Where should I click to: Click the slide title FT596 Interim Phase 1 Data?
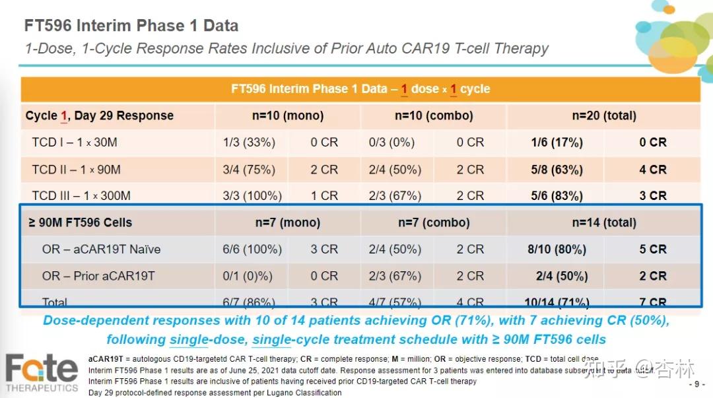coord(131,26)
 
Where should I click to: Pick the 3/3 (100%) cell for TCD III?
coord(252,196)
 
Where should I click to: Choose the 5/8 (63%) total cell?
coord(557,170)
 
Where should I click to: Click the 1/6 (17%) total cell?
coord(557,143)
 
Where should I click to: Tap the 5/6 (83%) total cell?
coord(557,196)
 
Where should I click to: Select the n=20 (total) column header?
coord(604,116)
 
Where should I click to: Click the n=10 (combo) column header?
coord(434,116)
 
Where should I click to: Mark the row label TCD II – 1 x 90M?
coord(76,170)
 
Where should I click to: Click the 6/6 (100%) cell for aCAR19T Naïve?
coord(252,249)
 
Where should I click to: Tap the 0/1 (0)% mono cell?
coord(249,276)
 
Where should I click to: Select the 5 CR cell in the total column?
coord(653,249)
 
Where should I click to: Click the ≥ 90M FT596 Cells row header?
coord(80,222)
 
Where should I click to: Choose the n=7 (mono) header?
coord(287,222)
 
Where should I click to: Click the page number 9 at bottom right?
coord(696,384)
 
